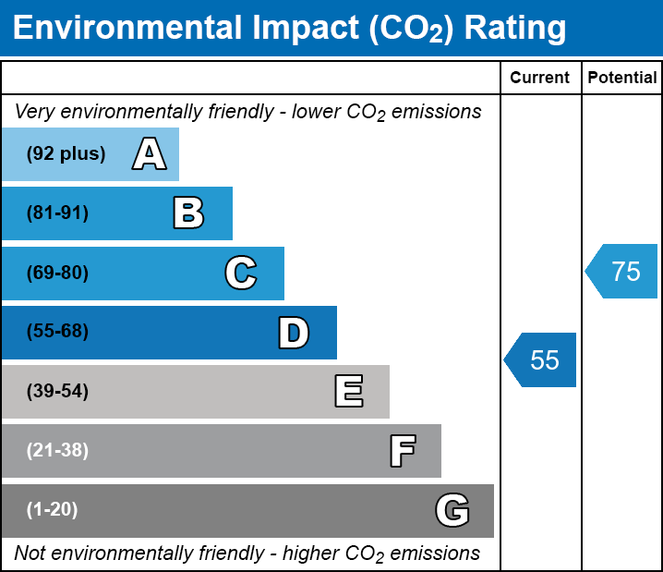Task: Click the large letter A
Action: tap(150, 154)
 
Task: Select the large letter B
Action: tap(188, 213)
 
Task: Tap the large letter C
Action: tap(240, 273)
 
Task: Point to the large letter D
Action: tap(294, 332)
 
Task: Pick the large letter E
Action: tap(348, 391)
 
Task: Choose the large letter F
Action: tap(401, 451)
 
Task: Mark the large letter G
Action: tap(452, 510)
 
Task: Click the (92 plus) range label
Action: tap(66, 154)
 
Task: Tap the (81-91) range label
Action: tap(57, 213)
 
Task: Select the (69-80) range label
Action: tap(57, 273)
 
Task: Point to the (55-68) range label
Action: tap(57, 332)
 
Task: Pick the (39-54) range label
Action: tap(57, 391)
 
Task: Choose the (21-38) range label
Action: tap(57, 451)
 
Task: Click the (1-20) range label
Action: tap(53, 510)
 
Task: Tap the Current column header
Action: tap(540, 79)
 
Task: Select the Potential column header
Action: tap(622, 79)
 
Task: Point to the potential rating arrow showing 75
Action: tap(622, 272)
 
